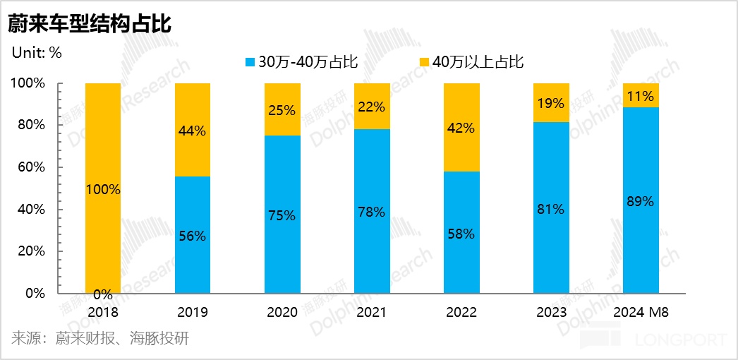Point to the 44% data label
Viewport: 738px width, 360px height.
coord(192,131)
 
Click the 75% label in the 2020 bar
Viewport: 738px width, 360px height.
coord(282,215)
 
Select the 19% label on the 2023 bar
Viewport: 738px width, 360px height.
coord(550,103)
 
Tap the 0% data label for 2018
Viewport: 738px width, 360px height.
coord(103,294)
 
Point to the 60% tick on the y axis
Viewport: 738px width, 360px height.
coord(32,167)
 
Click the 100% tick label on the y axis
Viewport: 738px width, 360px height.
coord(28,83)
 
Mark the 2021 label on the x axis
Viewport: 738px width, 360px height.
coord(371,312)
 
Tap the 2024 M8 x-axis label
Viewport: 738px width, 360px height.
coord(640,312)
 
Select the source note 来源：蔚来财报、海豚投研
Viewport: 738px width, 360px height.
coord(100,338)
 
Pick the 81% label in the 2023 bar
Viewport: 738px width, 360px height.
coord(550,209)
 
